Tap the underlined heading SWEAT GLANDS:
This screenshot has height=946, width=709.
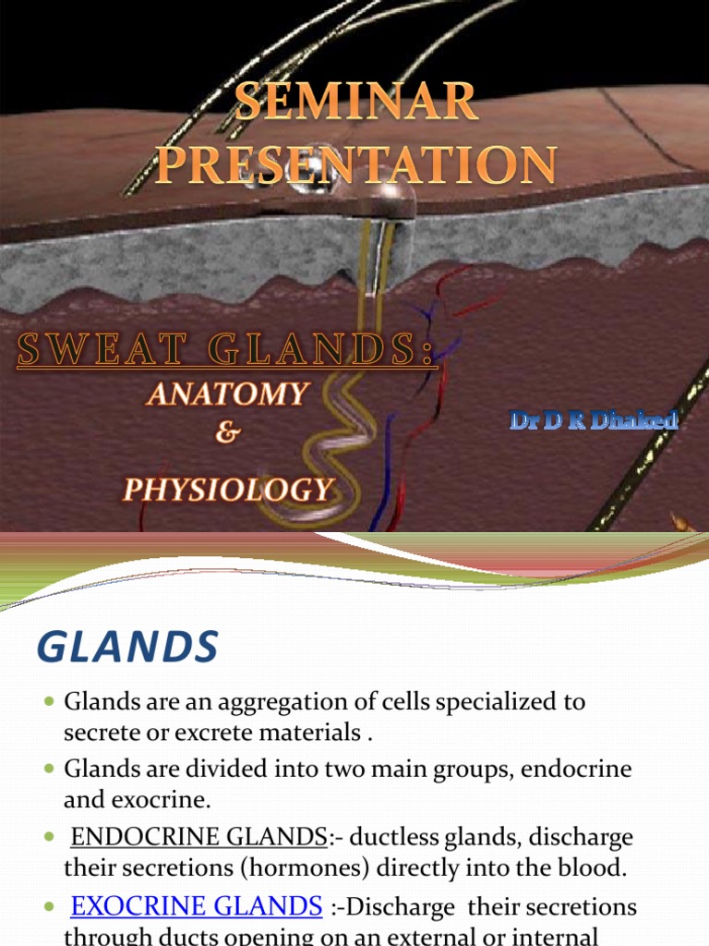click(225, 352)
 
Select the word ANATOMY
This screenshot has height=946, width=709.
click(226, 394)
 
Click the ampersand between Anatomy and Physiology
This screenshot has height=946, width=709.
click(225, 435)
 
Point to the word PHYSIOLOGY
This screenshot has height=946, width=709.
click(228, 489)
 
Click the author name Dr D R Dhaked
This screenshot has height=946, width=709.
click(594, 420)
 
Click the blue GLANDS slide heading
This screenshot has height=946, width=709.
click(127, 646)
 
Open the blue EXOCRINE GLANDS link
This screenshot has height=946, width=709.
click(196, 906)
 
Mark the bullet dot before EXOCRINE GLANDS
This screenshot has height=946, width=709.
click(50, 907)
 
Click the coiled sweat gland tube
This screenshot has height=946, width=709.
click(346, 434)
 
